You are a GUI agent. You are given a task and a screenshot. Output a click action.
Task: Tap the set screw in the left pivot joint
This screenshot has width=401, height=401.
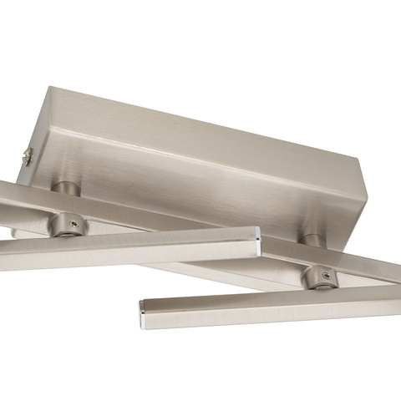pyautogui.click(x=74, y=223)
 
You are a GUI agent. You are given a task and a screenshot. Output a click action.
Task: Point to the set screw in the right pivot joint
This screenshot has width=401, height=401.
pyautogui.click(x=325, y=277)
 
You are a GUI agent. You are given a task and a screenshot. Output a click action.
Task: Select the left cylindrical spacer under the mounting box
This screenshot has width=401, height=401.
pyautogui.click(x=66, y=189)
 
